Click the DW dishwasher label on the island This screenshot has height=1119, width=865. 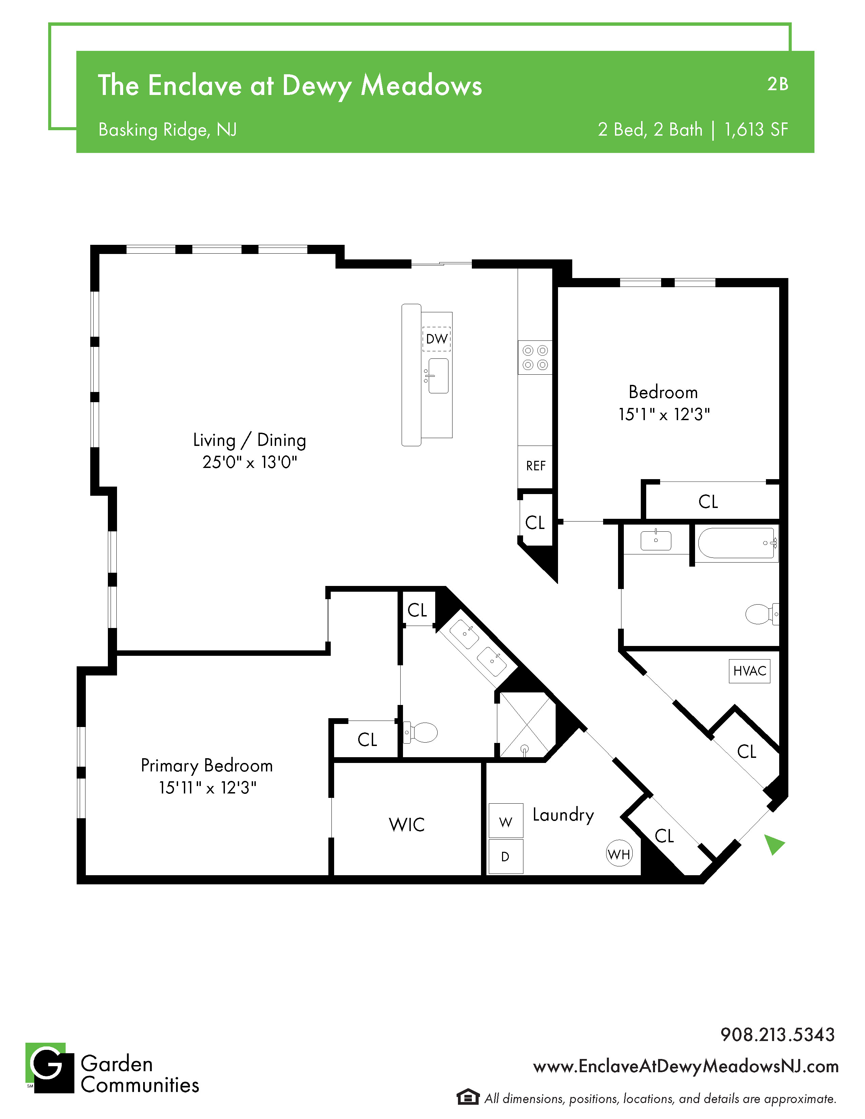coord(437,339)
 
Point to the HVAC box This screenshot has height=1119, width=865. coord(750,671)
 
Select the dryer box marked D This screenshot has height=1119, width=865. coord(506,856)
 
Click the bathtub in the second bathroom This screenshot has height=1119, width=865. coord(737,543)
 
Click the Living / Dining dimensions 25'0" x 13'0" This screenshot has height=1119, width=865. coord(250,462)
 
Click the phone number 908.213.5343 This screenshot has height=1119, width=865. coord(777,1035)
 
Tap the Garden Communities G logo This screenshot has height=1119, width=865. coord(50,1068)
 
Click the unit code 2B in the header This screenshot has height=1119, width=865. coord(778,84)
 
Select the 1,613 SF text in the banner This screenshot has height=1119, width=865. coord(756,130)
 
